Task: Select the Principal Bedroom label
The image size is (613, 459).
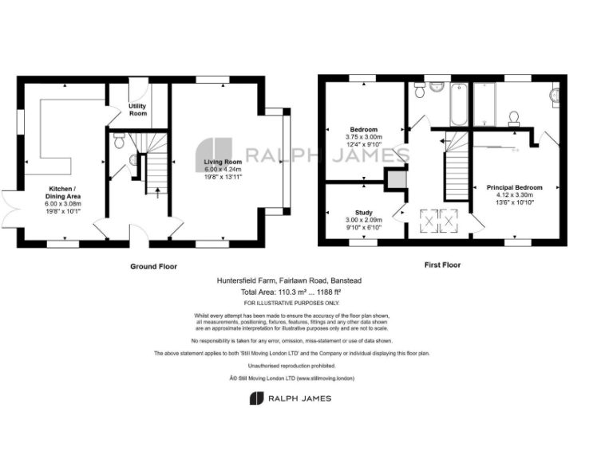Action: tap(514, 187)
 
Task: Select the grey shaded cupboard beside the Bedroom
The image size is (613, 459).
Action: tap(394, 179)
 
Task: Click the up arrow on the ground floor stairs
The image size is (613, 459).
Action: tap(156, 190)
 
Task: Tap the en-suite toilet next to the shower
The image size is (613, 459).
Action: tap(514, 119)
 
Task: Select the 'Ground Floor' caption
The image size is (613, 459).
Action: tap(153, 266)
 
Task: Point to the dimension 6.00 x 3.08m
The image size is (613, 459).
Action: tap(62, 203)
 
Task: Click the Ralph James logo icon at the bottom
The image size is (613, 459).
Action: tap(256, 398)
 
